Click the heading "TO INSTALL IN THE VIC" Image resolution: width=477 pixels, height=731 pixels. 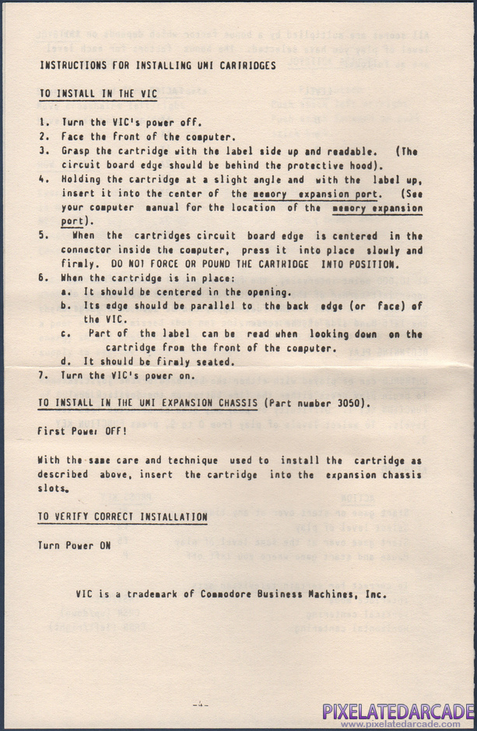97,94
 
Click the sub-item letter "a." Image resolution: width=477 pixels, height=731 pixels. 66,292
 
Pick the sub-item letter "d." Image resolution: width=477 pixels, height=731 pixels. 66,362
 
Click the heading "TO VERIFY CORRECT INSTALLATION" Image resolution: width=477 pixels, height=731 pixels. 122,517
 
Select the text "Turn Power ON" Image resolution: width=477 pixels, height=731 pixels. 74,545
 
